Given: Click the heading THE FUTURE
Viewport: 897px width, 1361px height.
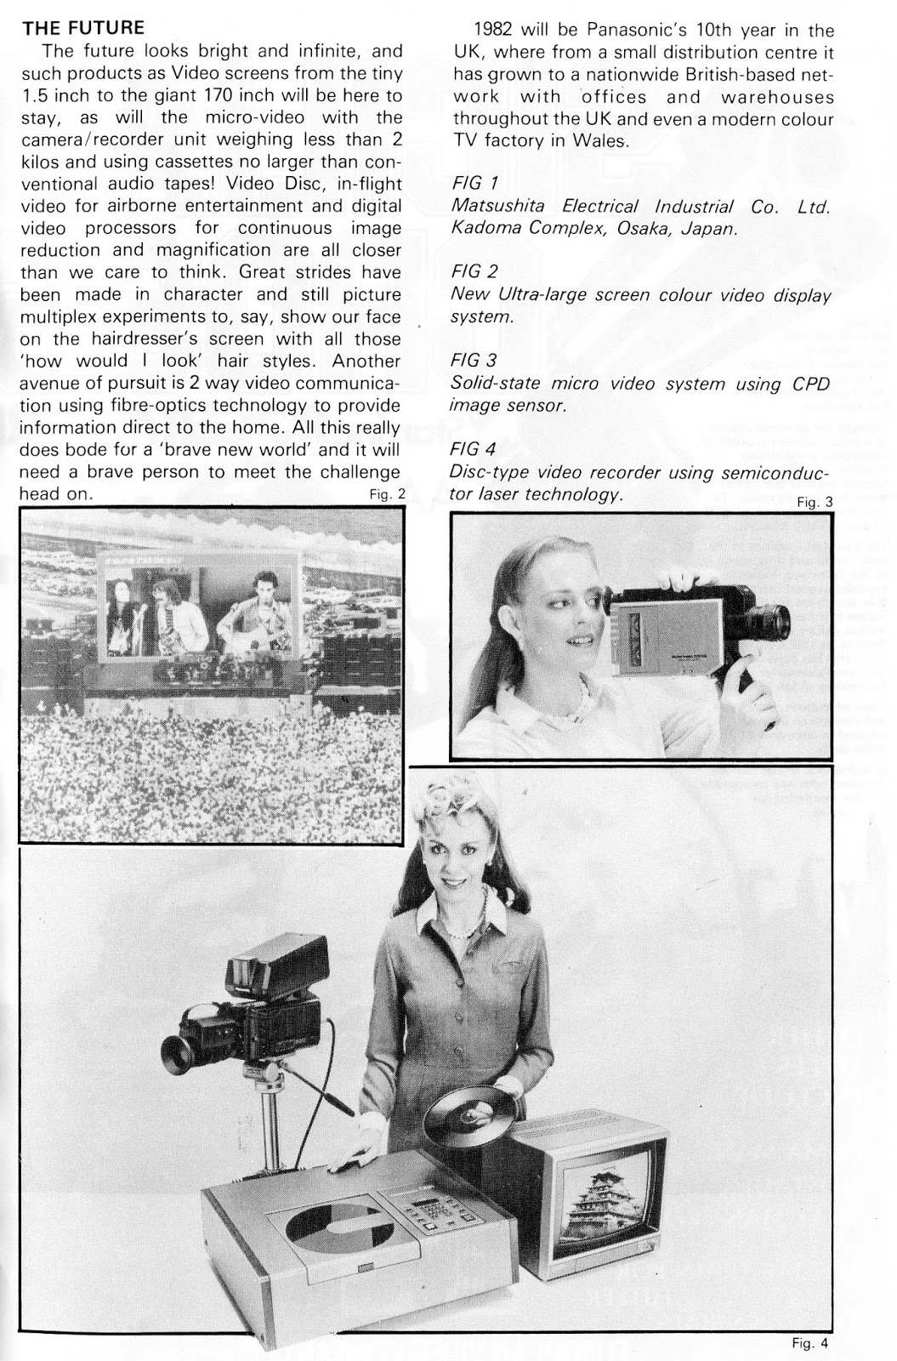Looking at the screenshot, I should tap(83, 28).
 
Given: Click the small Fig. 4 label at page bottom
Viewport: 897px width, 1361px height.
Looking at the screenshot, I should tap(808, 1344).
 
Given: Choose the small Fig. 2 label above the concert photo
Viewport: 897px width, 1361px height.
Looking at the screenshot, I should tap(388, 494).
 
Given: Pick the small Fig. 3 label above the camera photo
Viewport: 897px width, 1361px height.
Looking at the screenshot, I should tap(815, 502).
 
